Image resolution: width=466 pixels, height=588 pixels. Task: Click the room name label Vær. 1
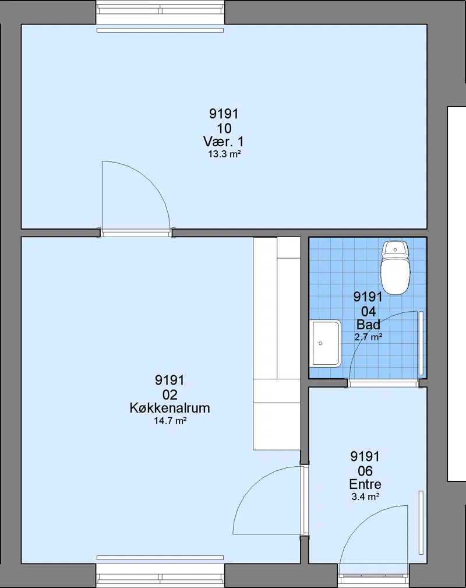tap(224, 142)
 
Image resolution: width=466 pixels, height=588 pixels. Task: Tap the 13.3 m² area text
tap(224, 154)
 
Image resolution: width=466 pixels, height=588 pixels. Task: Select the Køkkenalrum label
tap(170, 407)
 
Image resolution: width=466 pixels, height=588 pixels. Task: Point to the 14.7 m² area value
tap(170, 421)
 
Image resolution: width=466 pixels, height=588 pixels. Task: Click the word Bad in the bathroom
tap(368, 325)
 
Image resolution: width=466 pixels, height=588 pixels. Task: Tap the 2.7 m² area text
tap(368, 337)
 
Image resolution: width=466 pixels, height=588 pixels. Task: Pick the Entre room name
tap(365, 484)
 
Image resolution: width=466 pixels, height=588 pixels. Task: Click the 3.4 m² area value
tap(365, 497)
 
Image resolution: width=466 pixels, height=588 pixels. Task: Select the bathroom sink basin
tap(326, 343)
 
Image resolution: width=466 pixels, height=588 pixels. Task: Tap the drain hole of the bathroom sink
tap(320, 343)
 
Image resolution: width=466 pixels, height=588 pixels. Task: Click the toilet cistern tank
tap(395, 249)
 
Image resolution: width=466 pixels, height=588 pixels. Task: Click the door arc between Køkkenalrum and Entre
tap(253, 484)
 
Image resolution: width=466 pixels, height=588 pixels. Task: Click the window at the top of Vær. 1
tap(160, 13)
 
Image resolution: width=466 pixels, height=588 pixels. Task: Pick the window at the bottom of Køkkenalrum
tap(160, 575)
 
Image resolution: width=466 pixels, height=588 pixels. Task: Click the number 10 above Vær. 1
tap(224, 128)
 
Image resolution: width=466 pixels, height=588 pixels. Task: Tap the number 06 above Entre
tap(365, 471)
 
